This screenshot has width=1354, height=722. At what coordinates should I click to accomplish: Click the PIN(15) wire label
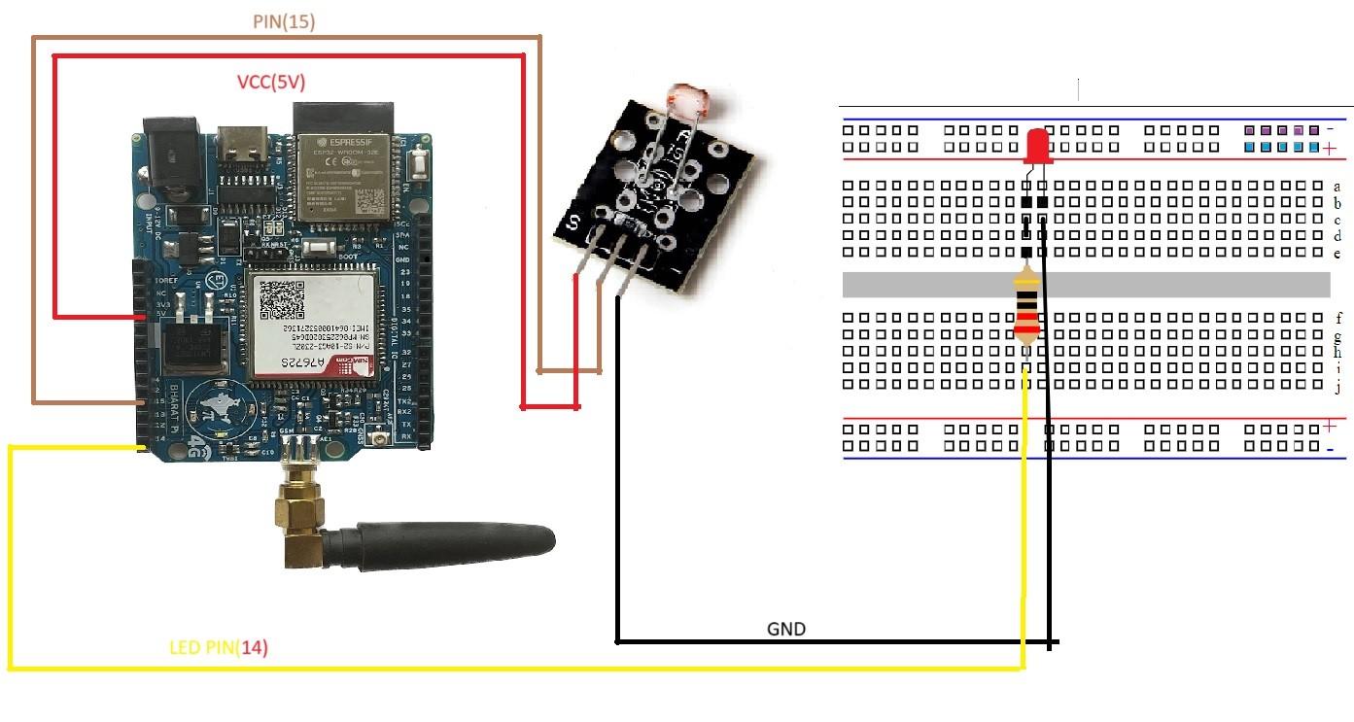click(285, 20)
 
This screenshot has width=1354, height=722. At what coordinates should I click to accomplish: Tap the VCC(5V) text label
click(271, 84)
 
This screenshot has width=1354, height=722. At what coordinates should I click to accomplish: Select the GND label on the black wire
click(785, 629)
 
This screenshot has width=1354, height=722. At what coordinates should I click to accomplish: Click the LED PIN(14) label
click(219, 647)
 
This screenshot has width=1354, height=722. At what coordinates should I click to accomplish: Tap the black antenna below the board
click(447, 541)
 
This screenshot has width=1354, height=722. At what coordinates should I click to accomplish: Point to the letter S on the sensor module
click(573, 223)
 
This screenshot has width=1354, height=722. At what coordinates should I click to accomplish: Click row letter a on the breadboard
click(1337, 186)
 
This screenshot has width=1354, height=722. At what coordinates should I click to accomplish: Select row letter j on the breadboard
click(1337, 388)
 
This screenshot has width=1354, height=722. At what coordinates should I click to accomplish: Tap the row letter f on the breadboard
click(1337, 318)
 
